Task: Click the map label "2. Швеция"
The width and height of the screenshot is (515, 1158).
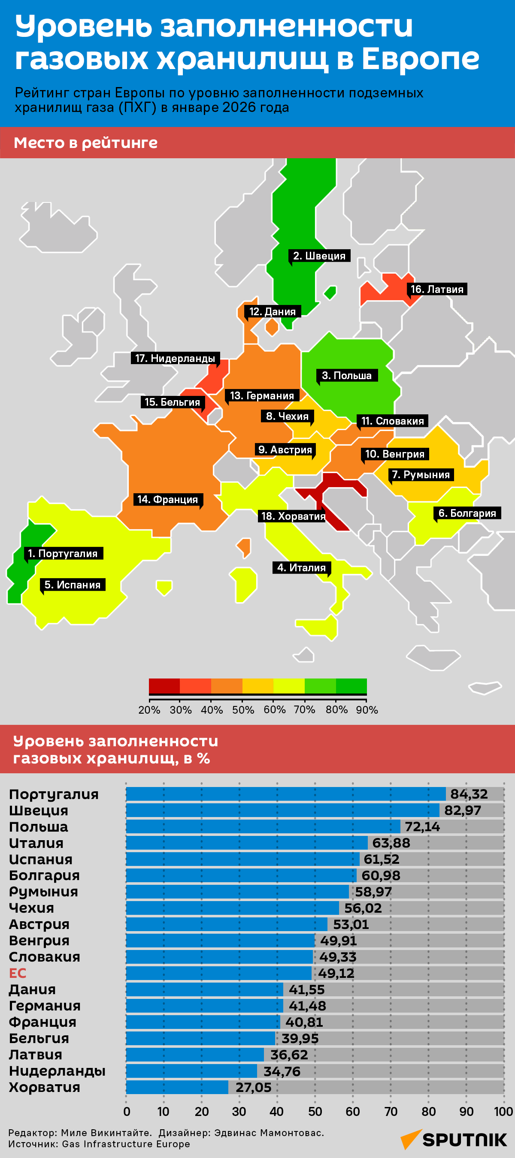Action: tap(319, 256)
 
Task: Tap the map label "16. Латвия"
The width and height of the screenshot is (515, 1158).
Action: tap(437, 289)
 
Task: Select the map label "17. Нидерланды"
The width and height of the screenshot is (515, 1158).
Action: tap(175, 358)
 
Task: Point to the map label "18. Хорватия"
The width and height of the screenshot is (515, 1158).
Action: tap(293, 516)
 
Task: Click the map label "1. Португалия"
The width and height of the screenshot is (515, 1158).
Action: tap(63, 553)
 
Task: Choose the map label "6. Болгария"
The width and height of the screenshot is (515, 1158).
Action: tap(467, 513)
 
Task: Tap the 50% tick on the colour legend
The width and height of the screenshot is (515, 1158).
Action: tap(243, 710)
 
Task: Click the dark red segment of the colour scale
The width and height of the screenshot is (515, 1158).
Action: tap(164, 686)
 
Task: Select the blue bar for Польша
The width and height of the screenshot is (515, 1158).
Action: tap(263, 826)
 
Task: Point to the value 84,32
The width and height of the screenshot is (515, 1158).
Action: tap(469, 794)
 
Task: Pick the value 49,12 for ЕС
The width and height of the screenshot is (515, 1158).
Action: tap(336, 973)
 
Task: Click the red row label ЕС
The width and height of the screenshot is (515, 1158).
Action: tap(18, 973)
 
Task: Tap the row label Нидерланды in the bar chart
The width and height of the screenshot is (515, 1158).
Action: tap(57, 1071)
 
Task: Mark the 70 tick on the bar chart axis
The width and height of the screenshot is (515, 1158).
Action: tap(391, 1112)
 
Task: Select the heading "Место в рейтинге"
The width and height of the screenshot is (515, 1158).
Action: tap(85, 142)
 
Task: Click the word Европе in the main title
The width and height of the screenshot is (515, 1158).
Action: tap(421, 58)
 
